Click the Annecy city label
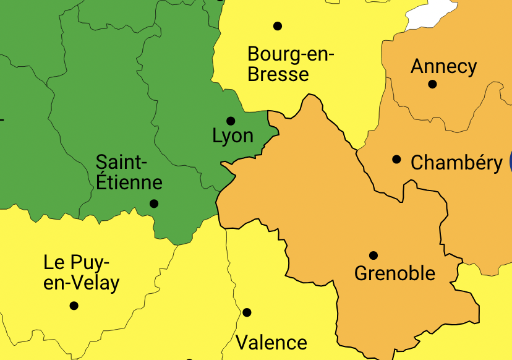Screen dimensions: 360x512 pos(443,66)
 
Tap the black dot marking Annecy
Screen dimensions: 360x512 pos(432,84)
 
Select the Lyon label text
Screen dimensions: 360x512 pos(233,136)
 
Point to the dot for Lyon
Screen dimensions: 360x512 pos(231,121)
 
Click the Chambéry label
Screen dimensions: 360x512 pos(456,163)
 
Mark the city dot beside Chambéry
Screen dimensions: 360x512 pos(396,159)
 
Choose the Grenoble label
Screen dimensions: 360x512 pos(395,273)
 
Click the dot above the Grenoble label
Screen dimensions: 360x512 pos(373,255)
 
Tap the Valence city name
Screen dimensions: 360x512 pos(271,342)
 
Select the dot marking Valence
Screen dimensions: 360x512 pos(247,312)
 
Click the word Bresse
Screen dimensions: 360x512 pos(278,74)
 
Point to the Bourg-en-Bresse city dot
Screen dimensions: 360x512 pos(278,26)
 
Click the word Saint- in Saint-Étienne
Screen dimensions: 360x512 pos(122,163)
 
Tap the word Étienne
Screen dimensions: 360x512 pos(129,182)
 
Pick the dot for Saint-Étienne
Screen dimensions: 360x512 pos(154,204)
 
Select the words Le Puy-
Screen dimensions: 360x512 pos(76,262)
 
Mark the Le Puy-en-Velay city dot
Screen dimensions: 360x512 pos(74,306)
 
